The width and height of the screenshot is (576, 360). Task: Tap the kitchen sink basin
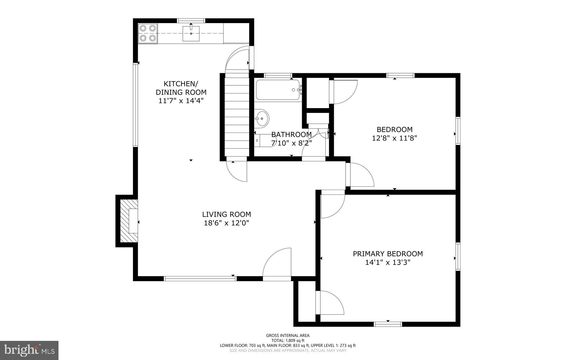pyautogui.click(x=191, y=33)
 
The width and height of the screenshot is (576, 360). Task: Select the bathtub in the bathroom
pyautogui.click(x=278, y=90)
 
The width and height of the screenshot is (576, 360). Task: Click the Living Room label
pyautogui.click(x=226, y=214)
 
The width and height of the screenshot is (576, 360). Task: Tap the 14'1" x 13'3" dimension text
pyautogui.click(x=388, y=263)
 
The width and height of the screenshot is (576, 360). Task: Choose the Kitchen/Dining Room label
pyautogui.click(x=181, y=88)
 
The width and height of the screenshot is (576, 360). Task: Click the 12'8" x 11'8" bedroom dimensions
pyautogui.click(x=394, y=138)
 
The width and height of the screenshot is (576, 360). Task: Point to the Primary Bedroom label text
pyautogui.click(x=388, y=254)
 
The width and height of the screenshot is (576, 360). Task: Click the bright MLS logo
pyautogui.click(x=29, y=350)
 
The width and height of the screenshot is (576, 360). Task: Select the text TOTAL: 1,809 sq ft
pyautogui.click(x=288, y=340)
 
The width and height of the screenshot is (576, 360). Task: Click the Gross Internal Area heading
pyautogui.click(x=288, y=335)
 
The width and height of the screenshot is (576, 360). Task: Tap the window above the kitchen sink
pyautogui.click(x=191, y=21)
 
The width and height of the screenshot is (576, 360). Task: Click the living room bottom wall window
pyautogui.click(x=200, y=279)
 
